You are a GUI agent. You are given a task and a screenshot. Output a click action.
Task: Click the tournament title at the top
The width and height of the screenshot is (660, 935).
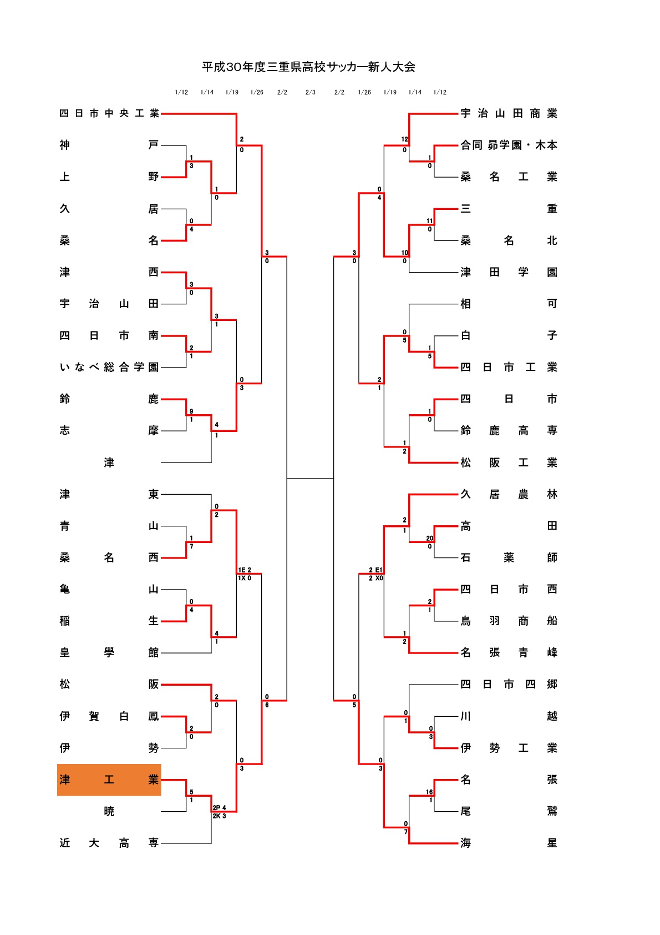(308, 67)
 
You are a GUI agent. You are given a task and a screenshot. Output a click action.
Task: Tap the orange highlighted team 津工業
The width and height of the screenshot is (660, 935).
(109, 780)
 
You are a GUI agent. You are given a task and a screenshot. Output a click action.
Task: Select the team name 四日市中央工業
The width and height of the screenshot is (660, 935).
(109, 113)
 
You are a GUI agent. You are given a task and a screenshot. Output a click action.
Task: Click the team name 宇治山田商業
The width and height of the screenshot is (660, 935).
(509, 113)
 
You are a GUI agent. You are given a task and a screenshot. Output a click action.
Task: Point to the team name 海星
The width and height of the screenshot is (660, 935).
(509, 843)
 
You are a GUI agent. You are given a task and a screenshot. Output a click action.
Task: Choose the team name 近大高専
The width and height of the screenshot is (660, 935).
(109, 843)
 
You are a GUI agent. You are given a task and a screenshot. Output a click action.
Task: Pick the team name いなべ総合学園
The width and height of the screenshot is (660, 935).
(109, 367)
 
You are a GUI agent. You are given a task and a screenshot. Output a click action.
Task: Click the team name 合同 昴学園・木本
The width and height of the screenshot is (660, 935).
(509, 145)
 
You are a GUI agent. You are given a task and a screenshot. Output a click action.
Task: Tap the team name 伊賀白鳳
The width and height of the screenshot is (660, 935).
(109, 716)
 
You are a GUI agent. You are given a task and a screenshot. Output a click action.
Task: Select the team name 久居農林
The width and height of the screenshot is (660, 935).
(509, 494)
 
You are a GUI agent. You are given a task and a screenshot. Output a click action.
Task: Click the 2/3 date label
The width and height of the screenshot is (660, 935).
(311, 92)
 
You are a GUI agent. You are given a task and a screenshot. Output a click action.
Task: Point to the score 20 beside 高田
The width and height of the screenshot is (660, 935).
(430, 538)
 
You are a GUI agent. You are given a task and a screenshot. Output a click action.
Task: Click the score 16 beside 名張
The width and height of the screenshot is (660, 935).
(430, 792)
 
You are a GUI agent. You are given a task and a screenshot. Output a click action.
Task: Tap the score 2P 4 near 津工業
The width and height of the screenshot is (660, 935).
(219, 808)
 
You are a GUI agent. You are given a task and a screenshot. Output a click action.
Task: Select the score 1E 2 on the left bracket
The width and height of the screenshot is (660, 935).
(245, 570)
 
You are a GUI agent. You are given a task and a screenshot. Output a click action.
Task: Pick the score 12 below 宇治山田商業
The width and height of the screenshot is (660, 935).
(404, 139)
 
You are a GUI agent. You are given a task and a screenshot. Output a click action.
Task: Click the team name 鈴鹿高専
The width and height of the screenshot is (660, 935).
(509, 430)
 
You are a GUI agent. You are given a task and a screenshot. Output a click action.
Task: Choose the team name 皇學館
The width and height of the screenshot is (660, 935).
(109, 652)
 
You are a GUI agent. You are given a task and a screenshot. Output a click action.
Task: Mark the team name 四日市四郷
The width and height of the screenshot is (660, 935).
(509, 684)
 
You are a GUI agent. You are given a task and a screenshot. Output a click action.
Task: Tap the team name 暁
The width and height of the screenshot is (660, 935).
(109, 811)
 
